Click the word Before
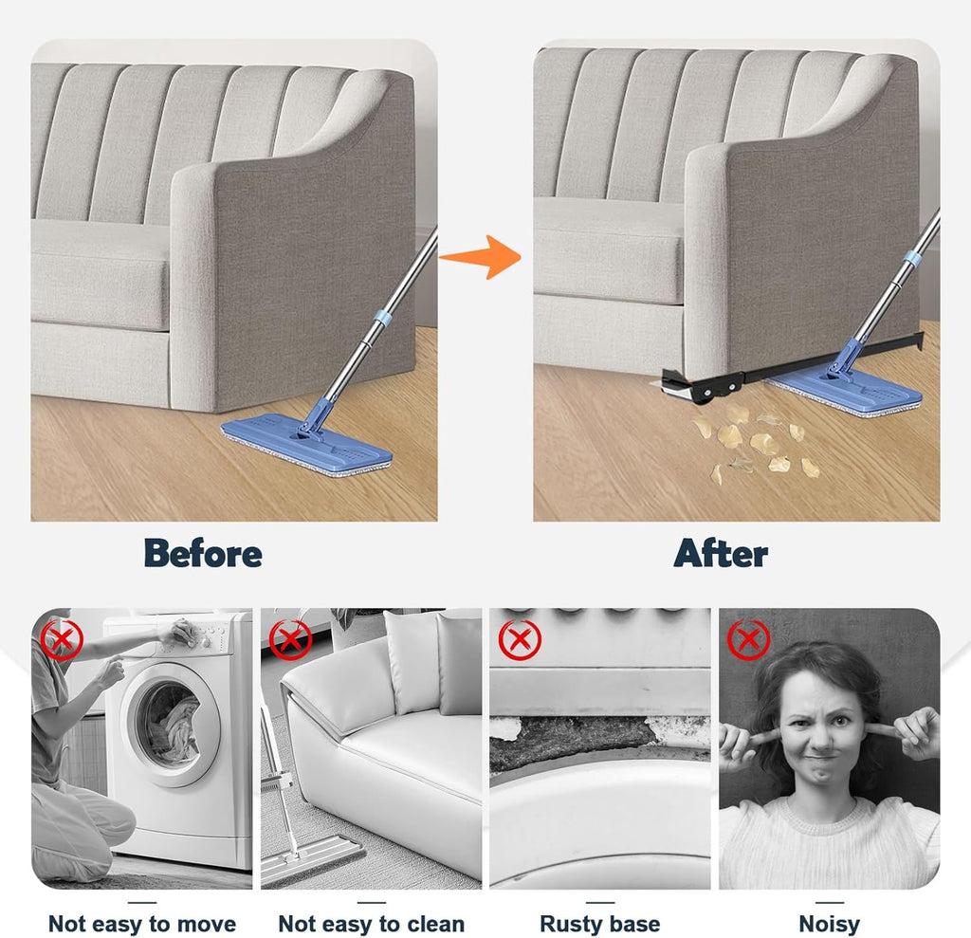[x=203, y=553]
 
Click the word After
[x=721, y=553]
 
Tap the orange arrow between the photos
[x=482, y=256]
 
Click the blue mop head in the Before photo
[x=306, y=443]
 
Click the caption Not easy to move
[x=142, y=924]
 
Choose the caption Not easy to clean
[x=372, y=924]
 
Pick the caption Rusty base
[x=600, y=924]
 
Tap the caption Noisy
[x=829, y=924]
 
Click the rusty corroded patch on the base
[x=573, y=741]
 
